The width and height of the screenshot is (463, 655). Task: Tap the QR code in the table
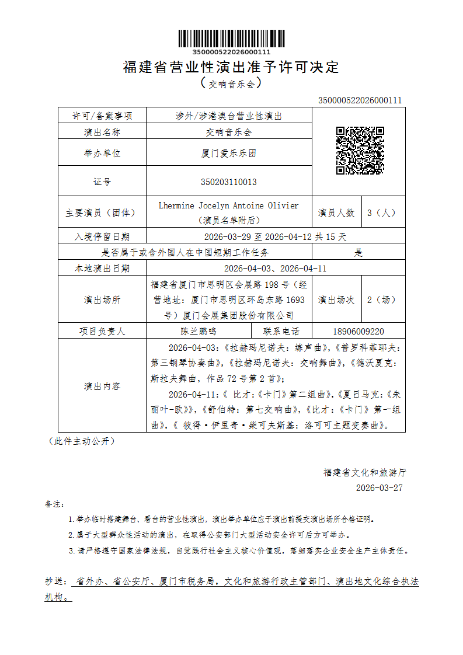pos(360,151)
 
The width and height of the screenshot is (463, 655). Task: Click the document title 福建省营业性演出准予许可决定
pos(231,67)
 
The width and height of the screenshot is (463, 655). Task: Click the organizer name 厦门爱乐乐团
pos(228,154)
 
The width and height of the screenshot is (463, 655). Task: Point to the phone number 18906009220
pos(358,331)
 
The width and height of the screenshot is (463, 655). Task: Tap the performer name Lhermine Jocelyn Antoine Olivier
pos(228,205)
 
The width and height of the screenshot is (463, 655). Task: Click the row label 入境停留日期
pos(102,237)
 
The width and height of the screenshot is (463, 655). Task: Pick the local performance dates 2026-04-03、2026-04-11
pos(275,269)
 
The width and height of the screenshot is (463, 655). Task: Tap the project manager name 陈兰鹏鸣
pos(199,331)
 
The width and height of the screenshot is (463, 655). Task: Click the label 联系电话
pos(281,331)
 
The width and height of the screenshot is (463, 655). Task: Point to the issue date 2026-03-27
pos(379,488)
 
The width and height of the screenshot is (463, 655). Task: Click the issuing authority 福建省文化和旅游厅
pos(365,472)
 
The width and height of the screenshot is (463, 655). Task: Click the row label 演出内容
pos(102,386)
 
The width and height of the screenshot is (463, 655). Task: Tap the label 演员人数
pos(336,213)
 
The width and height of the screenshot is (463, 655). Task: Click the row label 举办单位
pos(102,154)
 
